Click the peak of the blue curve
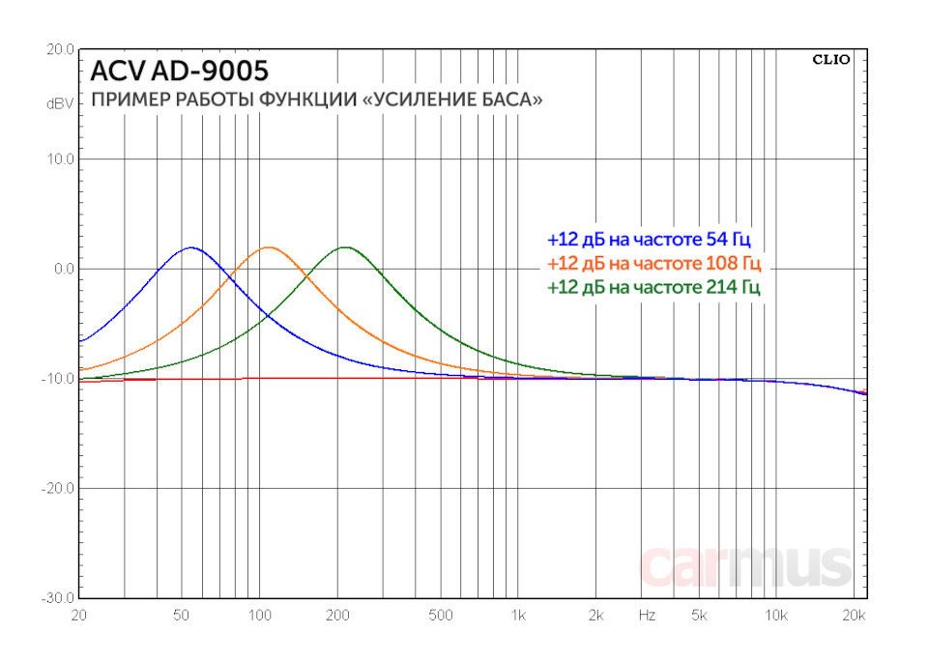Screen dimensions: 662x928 coord(190,247)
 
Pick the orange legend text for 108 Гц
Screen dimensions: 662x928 coord(653,263)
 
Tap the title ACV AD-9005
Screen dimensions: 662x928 coord(180,71)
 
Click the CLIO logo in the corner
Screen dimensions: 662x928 coord(830,59)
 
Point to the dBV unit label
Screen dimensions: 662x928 coord(60,102)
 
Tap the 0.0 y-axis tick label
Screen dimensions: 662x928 coord(64,269)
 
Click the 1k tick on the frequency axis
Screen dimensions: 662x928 coord(518,615)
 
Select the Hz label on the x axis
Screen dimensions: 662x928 coord(648,615)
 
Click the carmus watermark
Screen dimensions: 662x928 coord(745,566)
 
